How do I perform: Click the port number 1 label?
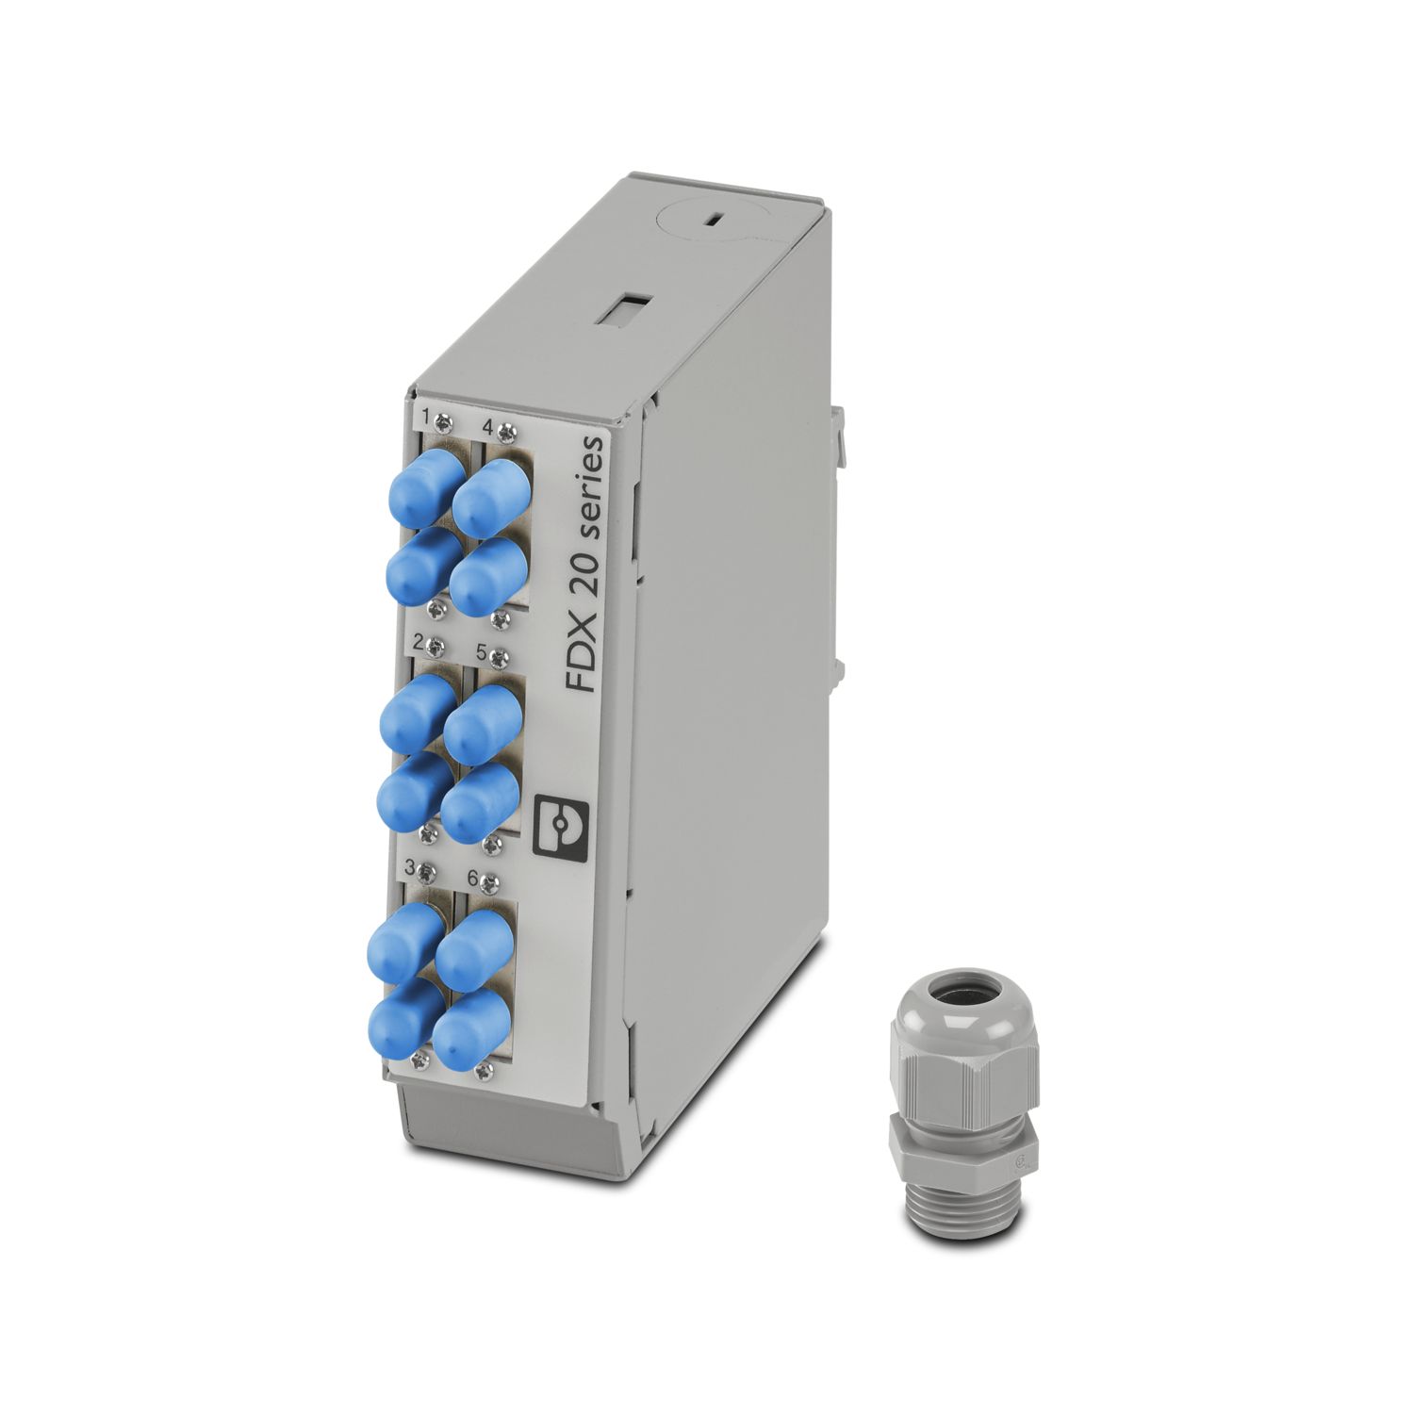coord(426,415)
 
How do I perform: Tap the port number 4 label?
coord(488,426)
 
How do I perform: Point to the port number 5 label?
coord(481,650)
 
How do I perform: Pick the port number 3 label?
coord(409,865)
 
